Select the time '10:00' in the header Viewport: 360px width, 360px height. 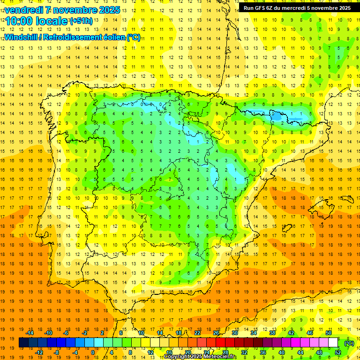pyautogui.click(x=18, y=22)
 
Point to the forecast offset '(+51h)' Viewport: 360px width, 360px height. pyautogui.click(x=81, y=22)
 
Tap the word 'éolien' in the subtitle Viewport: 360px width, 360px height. pyautogui.click(x=113, y=37)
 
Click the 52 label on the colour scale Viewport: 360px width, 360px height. pyautogui.click(x=338, y=352)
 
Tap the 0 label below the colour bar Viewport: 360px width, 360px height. pyautogui.click(x=92, y=352)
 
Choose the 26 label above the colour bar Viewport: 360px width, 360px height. pyautogui.click(x=216, y=333)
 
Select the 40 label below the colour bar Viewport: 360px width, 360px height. pyautogui.click(x=282, y=352)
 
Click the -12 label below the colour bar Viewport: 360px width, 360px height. pyautogui.click(x=39, y=352)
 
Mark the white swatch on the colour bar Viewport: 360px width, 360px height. pyautogui.click(x=333, y=343)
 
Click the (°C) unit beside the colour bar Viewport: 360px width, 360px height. pyautogui.click(x=349, y=343)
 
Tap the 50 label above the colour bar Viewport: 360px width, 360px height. pyautogui.click(x=329, y=333)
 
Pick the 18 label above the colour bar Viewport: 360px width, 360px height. pyautogui.click(x=179, y=333)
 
